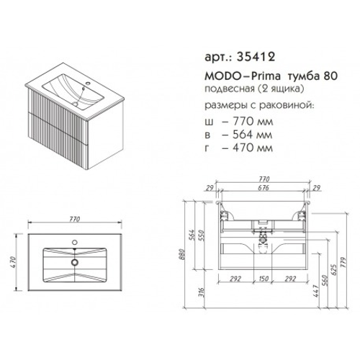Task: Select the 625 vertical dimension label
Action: [x=336, y=271]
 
